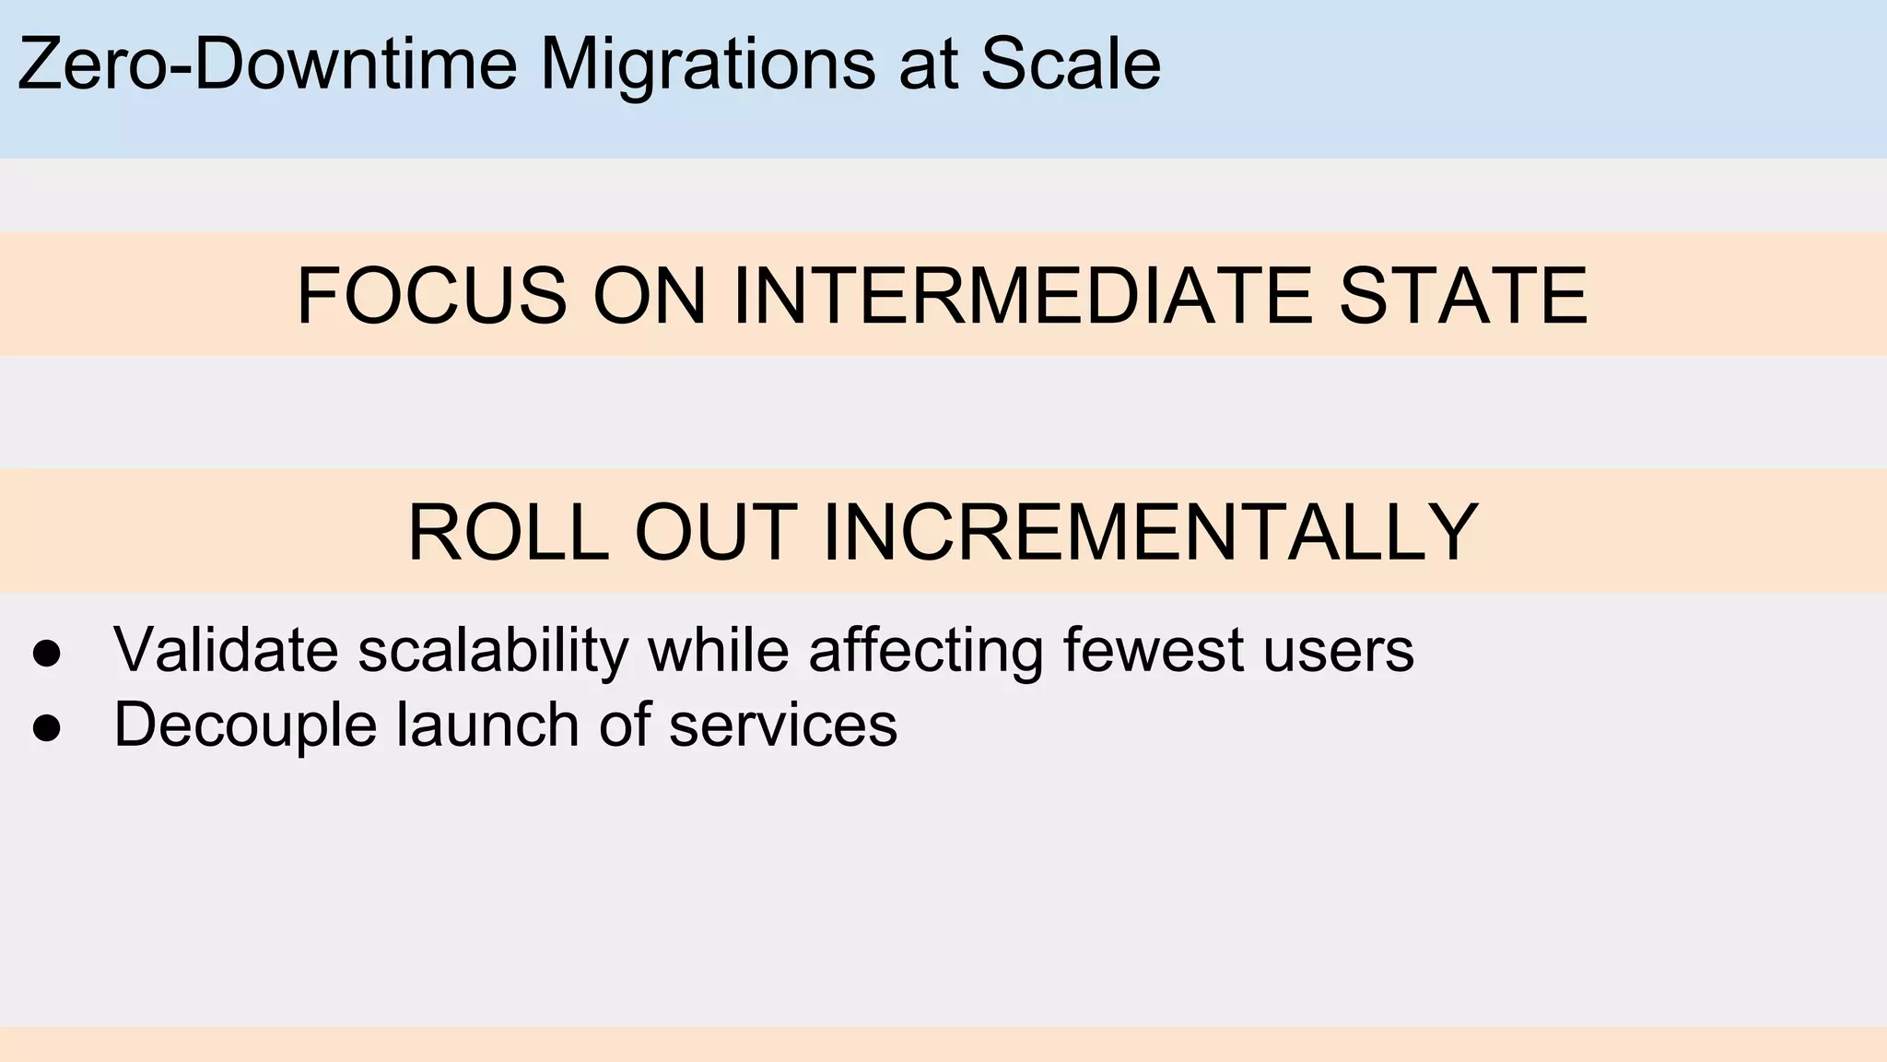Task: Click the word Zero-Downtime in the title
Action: pyautogui.click(x=266, y=64)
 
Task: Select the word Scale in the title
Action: pyautogui.click(x=1070, y=64)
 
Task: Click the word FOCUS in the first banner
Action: pyautogui.click(x=431, y=296)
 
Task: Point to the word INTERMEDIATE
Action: pyautogui.click(x=1023, y=296)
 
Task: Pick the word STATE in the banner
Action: pyautogui.click(x=1463, y=296)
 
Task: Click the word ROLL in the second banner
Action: pyautogui.click(x=508, y=532)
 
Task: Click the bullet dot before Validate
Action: pyautogui.click(x=46, y=654)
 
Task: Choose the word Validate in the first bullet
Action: pyautogui.click(x=226, y=650)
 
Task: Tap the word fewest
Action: pyautogui.click(x=1153, y=650)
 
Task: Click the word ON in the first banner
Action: pyautogui.click(x=649, y=296)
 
